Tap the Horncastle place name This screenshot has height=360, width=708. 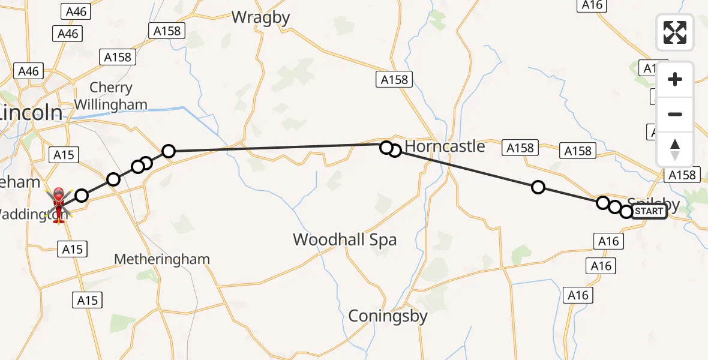[x=445, y=146]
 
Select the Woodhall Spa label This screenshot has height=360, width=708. [x=344, y=240]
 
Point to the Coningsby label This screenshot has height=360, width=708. [x=388, y=316]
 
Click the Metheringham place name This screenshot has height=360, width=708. [x=162, y=259]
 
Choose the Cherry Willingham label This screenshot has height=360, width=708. [x=110, y=96]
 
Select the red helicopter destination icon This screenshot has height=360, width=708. [x=59, y=204]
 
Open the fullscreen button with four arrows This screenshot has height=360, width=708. [x=675, y=32]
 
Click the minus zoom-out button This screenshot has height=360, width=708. [x=675, y=114]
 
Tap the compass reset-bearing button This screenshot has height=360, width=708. [x=675, y=149]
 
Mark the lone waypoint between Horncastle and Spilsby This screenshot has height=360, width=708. [x=538, y=188]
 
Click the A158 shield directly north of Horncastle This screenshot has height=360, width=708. [x=394, y=79]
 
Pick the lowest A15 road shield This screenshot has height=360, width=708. [x=88, y=300]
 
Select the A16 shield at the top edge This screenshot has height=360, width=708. [x=592, y=5]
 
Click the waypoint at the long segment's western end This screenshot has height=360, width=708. [x=169, y=151]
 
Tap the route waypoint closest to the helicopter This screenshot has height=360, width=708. [x=82, y=195]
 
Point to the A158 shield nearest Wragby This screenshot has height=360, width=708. [x=167, y=31]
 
